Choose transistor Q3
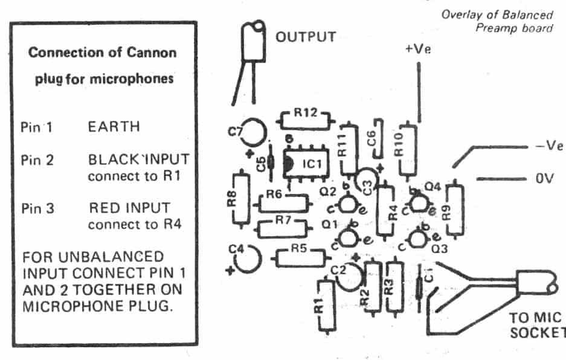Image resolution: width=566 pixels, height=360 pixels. click(417, 239)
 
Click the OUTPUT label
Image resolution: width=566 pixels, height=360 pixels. click(306, 37)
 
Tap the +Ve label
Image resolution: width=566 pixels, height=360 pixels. click(417, 50)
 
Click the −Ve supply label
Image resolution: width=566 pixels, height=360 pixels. click(548, 146)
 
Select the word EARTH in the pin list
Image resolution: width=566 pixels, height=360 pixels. click(114, 127)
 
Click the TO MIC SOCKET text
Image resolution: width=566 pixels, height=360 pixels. click(535, 325)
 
